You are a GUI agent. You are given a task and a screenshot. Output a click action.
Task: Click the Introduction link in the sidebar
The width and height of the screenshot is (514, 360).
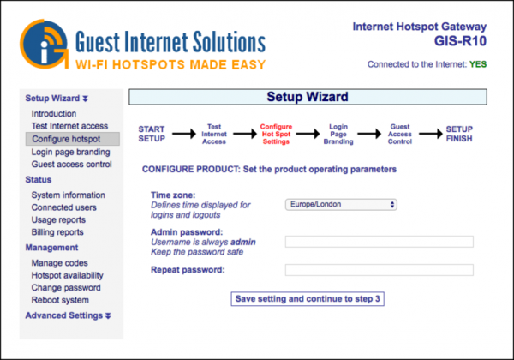(54, 114)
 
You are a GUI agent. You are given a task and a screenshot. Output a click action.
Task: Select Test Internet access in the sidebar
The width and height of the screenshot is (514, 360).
(69, 126)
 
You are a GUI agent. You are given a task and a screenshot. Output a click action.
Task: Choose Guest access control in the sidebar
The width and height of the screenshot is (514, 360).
(71, 165)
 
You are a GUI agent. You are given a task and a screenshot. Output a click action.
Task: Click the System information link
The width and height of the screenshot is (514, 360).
(69, 195)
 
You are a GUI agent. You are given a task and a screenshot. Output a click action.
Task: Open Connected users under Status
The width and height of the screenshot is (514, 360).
(66, 207)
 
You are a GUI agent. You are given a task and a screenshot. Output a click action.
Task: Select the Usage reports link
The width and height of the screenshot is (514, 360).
(59, 220)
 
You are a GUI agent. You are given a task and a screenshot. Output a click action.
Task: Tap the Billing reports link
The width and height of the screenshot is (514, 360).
(57, 232)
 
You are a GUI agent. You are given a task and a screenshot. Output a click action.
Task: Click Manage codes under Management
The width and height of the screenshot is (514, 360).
(60, 263)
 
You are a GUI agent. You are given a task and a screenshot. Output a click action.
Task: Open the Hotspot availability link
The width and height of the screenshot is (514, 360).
(68, 275)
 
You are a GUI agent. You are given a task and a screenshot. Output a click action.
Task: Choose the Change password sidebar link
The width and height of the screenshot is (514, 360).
(66, 288)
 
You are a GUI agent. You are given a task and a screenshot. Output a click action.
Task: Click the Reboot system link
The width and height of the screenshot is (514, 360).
(60, 300)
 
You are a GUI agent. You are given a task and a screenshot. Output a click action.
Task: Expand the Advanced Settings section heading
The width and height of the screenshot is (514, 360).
(68, 316)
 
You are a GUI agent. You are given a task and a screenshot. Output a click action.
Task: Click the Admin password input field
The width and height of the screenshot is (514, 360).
(379, 242)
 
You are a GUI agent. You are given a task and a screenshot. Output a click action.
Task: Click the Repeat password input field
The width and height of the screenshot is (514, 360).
(379, 270)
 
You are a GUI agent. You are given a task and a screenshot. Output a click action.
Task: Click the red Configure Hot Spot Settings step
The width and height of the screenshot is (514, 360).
(275, 134)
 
